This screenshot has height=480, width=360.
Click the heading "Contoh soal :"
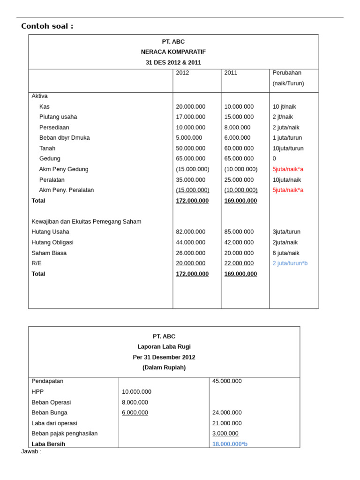[x=47, y=26]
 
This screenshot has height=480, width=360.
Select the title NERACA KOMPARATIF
[x=173, y=52]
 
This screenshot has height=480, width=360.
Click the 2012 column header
[x=182, y=73]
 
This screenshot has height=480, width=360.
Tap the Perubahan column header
[x=287, y=73]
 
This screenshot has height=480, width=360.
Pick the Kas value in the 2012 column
[x=190, y=107]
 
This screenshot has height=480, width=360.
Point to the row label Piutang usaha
[x=58, y=117]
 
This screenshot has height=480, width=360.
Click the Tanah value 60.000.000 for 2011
[x=239, y=149]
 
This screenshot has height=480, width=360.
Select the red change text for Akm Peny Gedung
[x=288, y=169]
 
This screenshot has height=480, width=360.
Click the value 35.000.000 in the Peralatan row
[x=190, y=180]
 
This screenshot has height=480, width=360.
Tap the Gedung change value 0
[x=274, y=159]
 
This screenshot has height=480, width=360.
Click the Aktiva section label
[x=39, y=96]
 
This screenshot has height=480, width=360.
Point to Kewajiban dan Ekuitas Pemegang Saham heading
[x=86, y=222]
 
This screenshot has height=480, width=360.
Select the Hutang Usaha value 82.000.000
[x=190, y=232]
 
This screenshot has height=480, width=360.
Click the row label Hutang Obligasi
[x=52, y=243]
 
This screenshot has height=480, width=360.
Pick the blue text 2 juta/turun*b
[x=290, y=263]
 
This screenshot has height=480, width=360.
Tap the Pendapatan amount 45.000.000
[x=227, y=382]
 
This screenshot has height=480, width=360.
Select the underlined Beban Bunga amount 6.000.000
[x=135, y=413]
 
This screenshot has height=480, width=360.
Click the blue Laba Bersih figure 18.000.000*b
[x=230, y=444]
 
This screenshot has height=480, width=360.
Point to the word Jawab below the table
[x=31, y=452]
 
